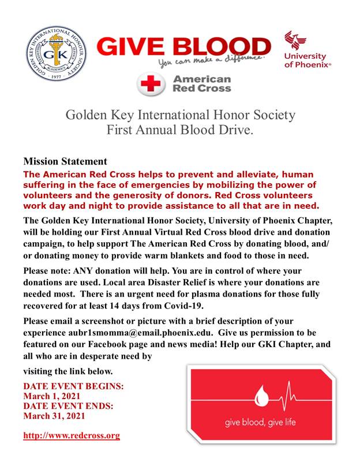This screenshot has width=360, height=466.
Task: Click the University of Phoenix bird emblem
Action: [299, 41]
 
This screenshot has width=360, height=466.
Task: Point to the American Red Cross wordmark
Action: [201, 84]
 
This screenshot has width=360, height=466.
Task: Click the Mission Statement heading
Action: [65, 161]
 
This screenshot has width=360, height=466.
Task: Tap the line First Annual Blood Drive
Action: [180, 129]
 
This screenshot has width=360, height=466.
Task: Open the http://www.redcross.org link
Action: [72, 435]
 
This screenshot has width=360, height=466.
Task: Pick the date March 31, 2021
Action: [54, 416]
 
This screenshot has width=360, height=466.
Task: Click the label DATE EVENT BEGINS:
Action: [73, 386]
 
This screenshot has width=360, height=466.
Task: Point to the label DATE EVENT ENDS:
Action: [69, 406]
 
